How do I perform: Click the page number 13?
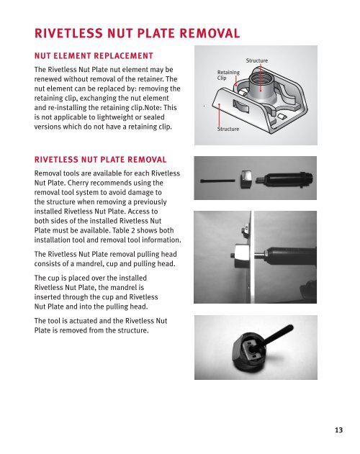(338, 430)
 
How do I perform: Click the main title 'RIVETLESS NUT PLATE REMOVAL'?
(137, 33)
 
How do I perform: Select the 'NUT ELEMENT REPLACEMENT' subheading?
(94, 55)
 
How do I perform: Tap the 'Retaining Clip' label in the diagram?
(228, 75)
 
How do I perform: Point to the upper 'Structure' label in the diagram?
(257, 60)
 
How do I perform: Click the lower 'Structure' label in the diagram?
(228, 129)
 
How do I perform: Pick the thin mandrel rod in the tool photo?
(217, 181)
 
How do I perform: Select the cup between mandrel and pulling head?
(246, 180)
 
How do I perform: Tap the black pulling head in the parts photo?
(286, 180)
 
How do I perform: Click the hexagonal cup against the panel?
(242, 255)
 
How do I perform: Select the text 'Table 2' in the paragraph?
(123, 230)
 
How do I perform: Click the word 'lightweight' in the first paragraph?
(115, 117)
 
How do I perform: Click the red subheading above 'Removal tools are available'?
(100, 160)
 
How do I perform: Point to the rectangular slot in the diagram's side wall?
(240, 106)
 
